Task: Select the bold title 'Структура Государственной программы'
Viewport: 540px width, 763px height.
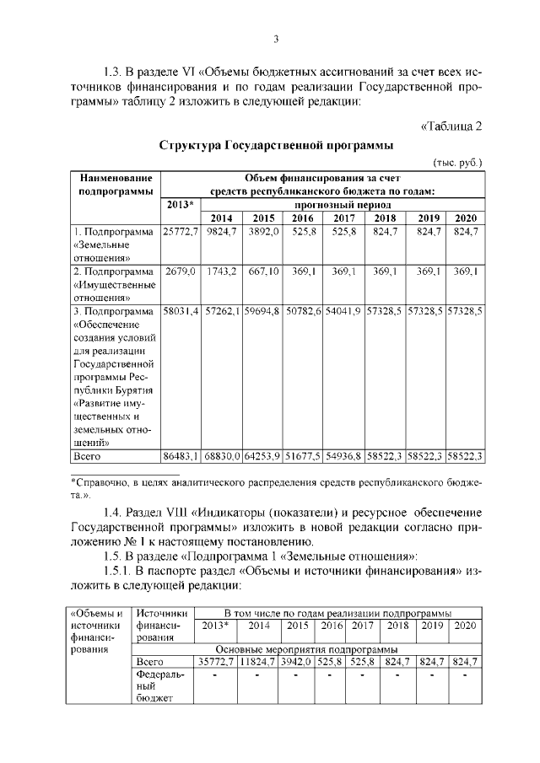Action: point(276,145)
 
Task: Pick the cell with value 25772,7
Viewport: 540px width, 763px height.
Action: point(179,231)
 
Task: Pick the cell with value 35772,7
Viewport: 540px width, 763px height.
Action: point(215,663)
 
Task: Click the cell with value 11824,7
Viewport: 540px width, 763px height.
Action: point(259,663)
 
